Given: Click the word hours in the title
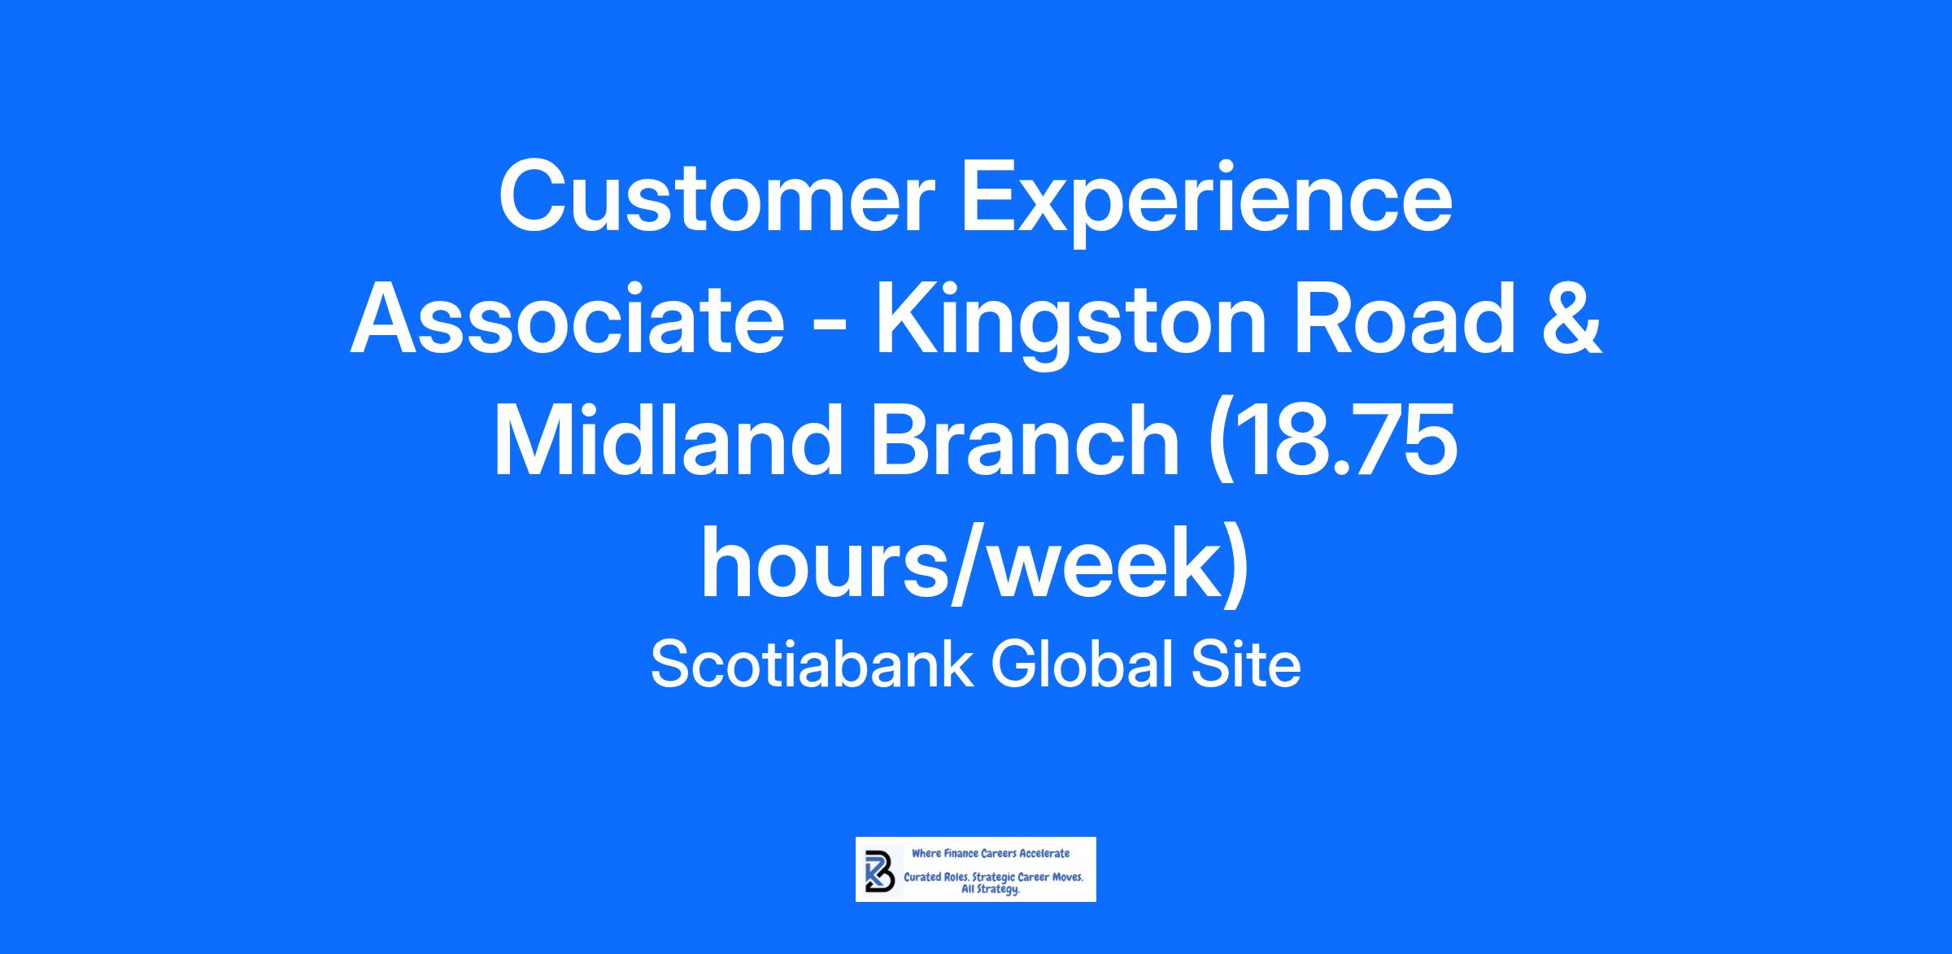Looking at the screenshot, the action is [830, 564].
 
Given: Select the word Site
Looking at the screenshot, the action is [1246, 664].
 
